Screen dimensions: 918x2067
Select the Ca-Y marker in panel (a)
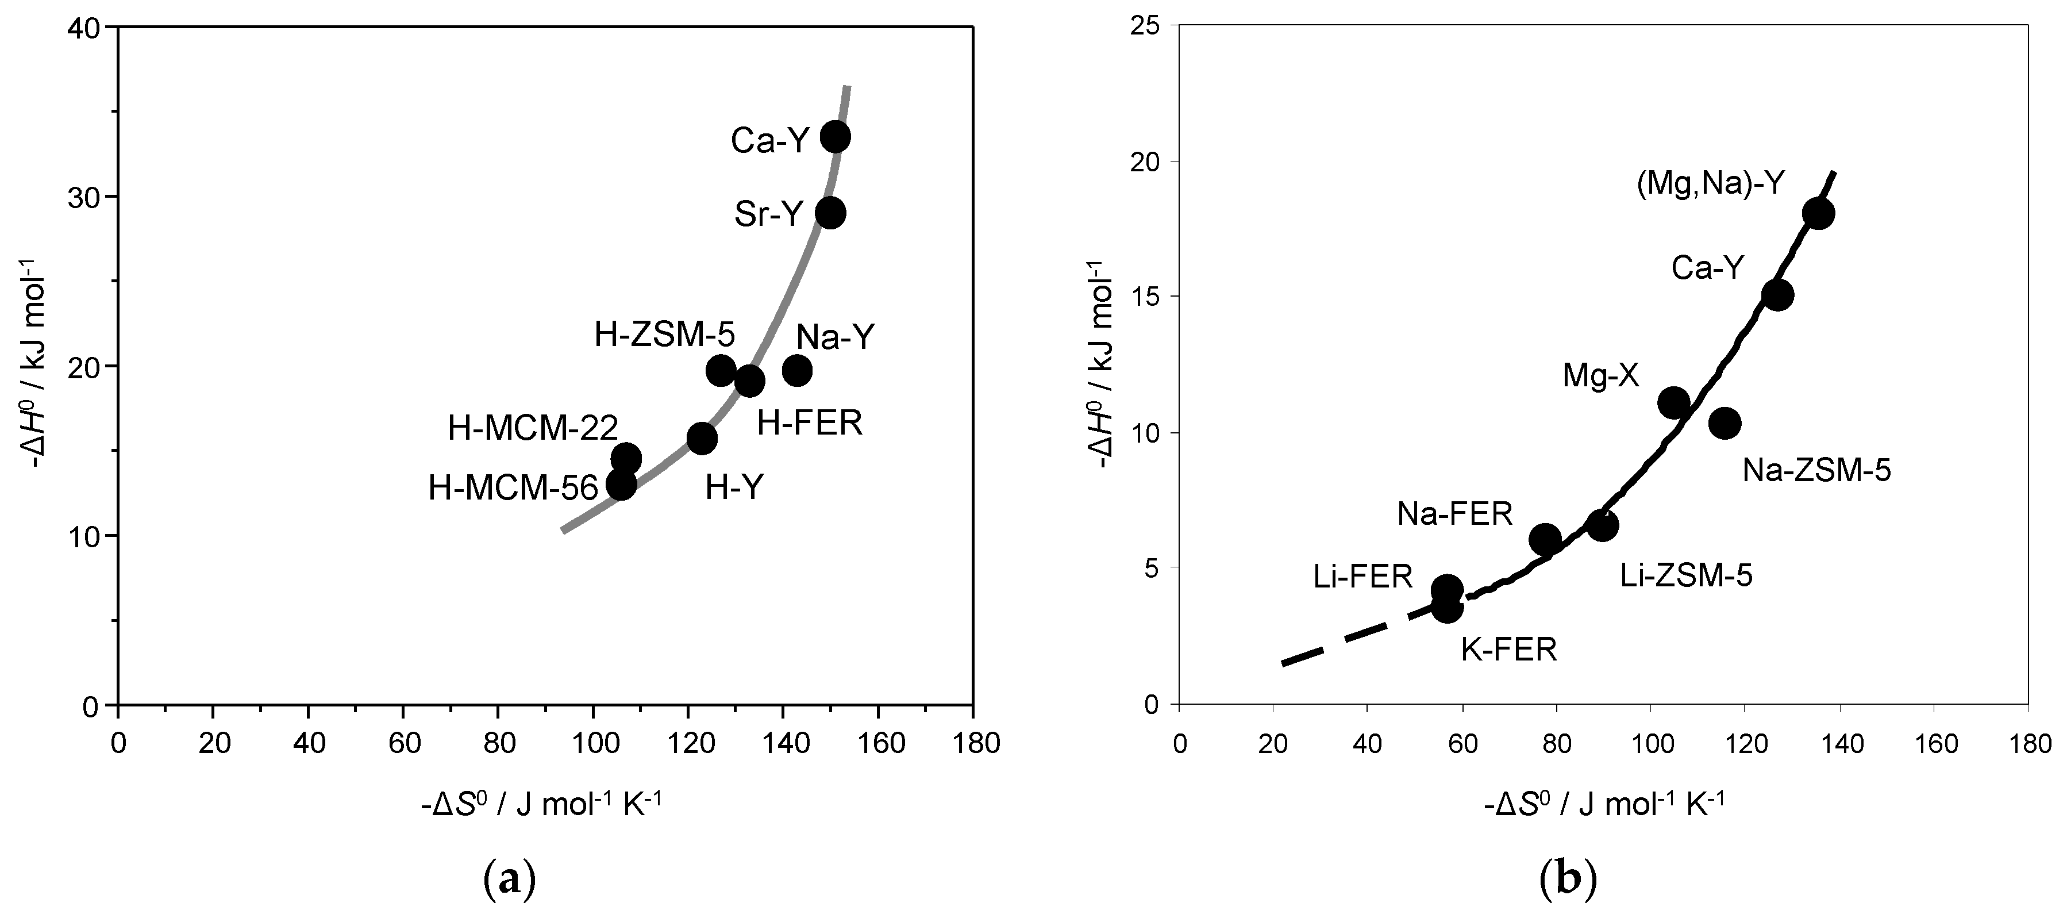(x=836, y=136)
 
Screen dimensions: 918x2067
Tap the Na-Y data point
(x=797, y=371)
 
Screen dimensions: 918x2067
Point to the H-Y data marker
(x=702, y=438)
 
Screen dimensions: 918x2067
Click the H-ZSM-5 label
(x=664, y=335)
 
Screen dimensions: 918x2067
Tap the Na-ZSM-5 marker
(x=1725, y=422)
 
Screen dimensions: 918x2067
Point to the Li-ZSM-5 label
(x=1686, y=575)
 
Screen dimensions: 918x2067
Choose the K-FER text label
(x=1508, y=649)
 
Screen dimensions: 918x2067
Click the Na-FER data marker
(x=1545, y=539)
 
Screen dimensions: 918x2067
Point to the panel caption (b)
(x=1569, y=880)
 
